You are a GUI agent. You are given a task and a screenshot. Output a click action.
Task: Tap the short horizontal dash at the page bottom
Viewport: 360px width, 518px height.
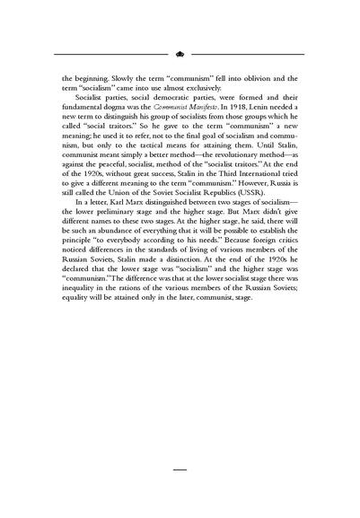[180, 469]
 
